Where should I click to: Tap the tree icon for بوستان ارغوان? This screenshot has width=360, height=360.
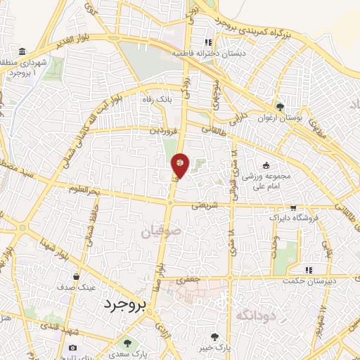[x=281, y=107]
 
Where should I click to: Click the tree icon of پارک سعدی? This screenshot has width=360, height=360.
[x=127, y=343]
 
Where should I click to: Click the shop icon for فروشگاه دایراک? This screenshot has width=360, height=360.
[x=293, y=208]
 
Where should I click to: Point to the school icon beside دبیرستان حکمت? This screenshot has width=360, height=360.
[x=307, y=269]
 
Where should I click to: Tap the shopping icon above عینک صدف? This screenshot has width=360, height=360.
[x=75, y=276]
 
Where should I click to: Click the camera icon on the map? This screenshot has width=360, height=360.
[x=72, y=347]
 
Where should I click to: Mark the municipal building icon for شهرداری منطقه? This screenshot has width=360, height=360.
[x=23, y=53]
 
